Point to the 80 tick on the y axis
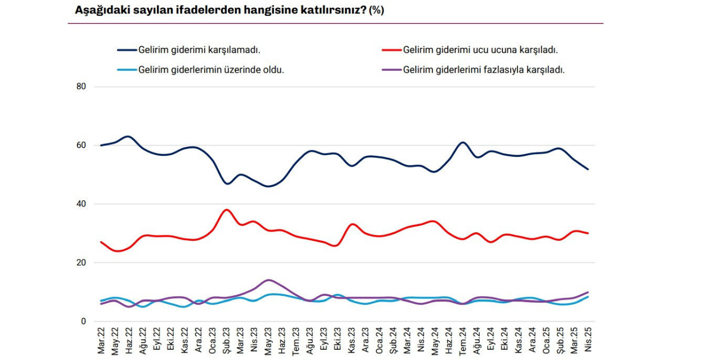pyautogui.click(x=81, y=87)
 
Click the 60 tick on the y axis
pyautogui.click(x=81, y=145)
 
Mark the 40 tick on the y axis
pyautogui.click(x=81, y=204)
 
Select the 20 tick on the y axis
pyautogui.click(x=81, y=263)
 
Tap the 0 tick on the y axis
pyautogui.click(x=83, y=321)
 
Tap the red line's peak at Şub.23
pyautogui.click(x=226, y=210)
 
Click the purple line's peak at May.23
pyautogui.click(x=268, y=280)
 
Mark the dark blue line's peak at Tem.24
pyautogui.click(x=462, y=142)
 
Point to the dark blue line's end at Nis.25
pyautogui.click(x=588, y=169)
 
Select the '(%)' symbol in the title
pyautogui.click(x=376, y=10)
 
